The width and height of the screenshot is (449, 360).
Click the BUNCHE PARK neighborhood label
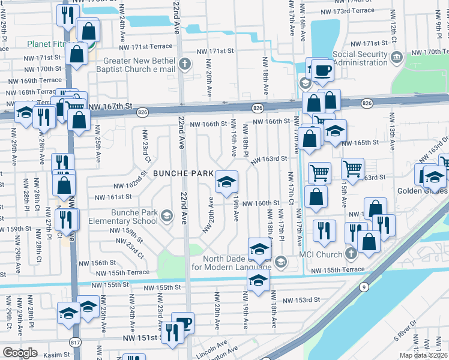coord(183,173)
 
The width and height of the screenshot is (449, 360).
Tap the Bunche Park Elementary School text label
coord(135,217)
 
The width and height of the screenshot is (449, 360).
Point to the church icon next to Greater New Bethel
coord(185,63)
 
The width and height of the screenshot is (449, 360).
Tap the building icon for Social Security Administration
coord(396,58)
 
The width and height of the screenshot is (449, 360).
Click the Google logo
coord(20,353)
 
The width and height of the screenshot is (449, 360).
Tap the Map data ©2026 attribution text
coord(424,355)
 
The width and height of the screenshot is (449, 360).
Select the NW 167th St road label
coord(109,106)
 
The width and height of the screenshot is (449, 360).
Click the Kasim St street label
coord(56,355)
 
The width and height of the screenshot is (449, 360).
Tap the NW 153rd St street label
coord(299,301)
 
